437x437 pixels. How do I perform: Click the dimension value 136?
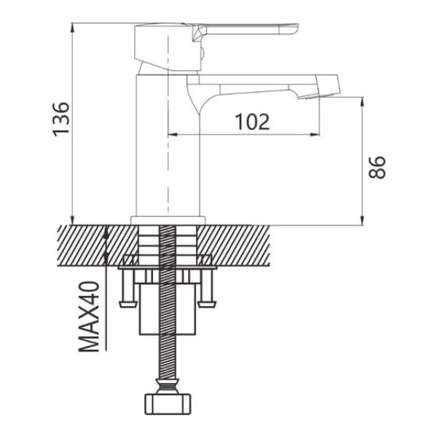(61, 119)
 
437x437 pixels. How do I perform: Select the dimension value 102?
(253, 122)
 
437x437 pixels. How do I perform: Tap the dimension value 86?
(377, 168)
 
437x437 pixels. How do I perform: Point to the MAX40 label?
(89, 317)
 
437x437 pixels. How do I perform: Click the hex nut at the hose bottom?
(168, 403)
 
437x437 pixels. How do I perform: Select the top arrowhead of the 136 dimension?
(72, 28)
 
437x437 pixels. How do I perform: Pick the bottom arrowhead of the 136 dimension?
(72, 220)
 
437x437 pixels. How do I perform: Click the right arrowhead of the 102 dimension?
(315, 135)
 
